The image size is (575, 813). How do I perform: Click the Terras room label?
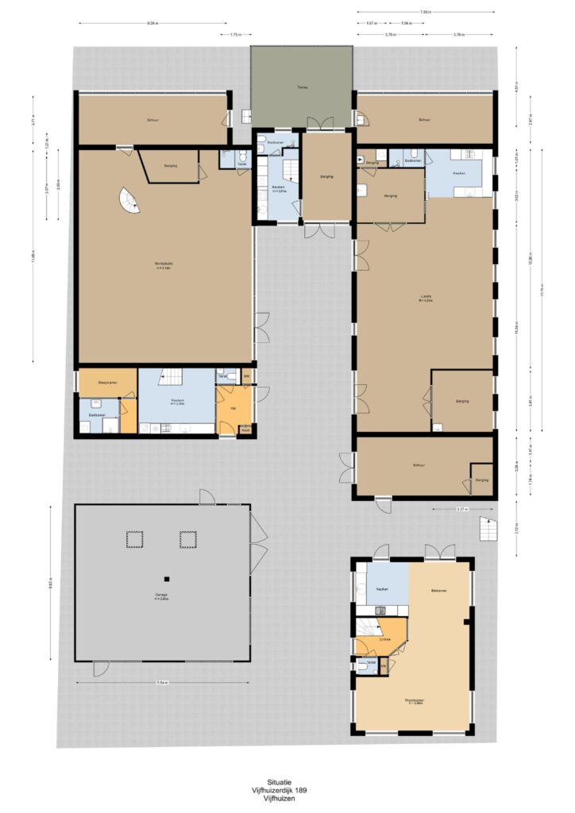(302, 87)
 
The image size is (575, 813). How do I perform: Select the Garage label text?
(161, 595)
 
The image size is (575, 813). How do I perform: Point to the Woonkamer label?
(412, 700)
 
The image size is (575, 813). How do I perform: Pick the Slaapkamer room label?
(107, 383)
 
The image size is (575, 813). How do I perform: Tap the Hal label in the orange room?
(233, 407)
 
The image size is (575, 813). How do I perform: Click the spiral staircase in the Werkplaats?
(128, 200)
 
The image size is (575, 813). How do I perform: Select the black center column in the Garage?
(167, 578)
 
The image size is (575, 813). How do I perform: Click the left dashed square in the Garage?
(133, 540)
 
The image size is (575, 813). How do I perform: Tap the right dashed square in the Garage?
(187, 540)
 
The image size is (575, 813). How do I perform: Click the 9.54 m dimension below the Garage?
(161, 682)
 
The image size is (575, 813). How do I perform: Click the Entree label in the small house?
(385, 638)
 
